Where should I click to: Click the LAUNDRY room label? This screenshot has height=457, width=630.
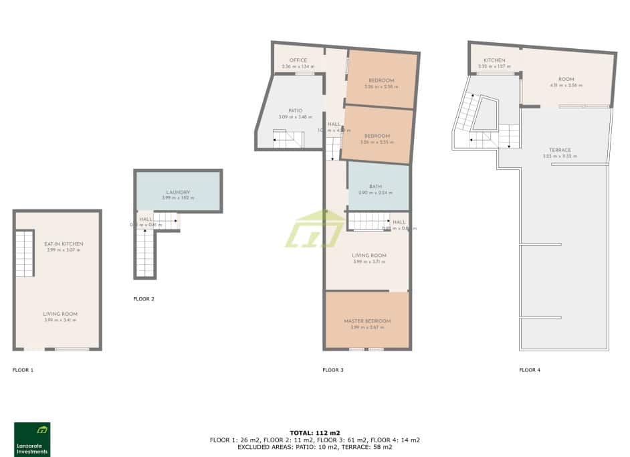[179, 192]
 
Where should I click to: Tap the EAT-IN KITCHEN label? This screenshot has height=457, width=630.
[64, 244]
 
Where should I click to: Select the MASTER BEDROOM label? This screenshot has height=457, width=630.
[367, 321]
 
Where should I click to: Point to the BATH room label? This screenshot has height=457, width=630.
[375, 187]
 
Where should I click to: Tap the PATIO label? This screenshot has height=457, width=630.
[295, 111]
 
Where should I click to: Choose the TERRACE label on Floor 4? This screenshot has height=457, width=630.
[560, 150]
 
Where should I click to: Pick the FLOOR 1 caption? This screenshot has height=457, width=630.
[23, 369]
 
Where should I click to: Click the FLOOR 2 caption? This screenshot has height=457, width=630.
[144, 299]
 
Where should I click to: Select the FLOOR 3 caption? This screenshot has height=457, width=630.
[332, 369]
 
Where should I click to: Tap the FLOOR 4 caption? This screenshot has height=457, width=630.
[530, 369]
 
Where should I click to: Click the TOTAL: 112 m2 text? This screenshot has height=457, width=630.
[315, 432]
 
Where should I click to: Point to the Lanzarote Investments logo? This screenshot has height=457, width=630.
[32, 439]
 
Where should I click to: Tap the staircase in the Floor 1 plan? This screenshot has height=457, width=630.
[25, 254]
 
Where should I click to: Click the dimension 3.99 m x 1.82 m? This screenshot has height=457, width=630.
[179, 198]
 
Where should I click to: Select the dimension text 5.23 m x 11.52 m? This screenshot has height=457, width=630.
[560, 156]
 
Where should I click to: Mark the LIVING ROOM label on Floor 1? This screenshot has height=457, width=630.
[61, 314]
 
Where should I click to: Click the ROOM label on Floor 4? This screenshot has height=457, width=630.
[566, 79]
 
